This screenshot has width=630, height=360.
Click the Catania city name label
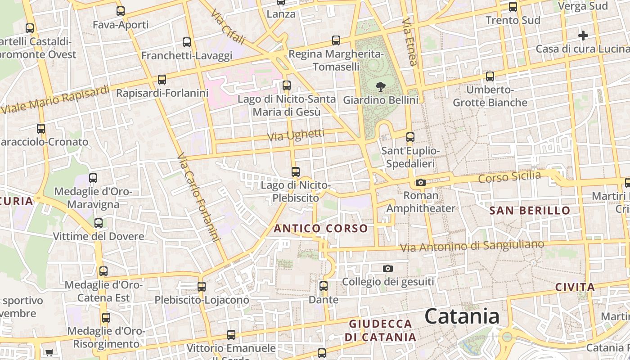tap(462, 316)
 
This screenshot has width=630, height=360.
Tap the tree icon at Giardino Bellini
tap(380, 86)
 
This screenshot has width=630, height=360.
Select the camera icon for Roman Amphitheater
tap(421, 182)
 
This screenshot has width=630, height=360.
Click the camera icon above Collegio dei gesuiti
tap(387, 269)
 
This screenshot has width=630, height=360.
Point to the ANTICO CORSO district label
tap(320, 229)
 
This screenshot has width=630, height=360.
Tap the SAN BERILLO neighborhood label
tap(530, 211)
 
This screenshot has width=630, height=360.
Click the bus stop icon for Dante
tap(323, 286)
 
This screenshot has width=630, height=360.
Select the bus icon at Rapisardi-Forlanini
tap(162, 80)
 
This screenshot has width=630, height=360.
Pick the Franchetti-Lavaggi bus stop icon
tap(187, 42)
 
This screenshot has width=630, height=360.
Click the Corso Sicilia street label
tap(509, 177)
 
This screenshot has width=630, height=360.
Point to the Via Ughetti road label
tap(296, 135)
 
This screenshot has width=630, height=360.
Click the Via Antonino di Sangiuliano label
tap(472, 246)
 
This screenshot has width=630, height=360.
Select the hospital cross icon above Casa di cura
tap(583, 36)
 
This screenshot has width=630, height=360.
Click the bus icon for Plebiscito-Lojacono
tap(202, 286)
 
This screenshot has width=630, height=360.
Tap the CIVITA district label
tap(575, 287)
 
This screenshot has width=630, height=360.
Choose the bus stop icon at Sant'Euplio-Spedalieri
tap(410, 137)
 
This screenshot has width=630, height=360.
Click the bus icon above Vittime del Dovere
tap(99, 223)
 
